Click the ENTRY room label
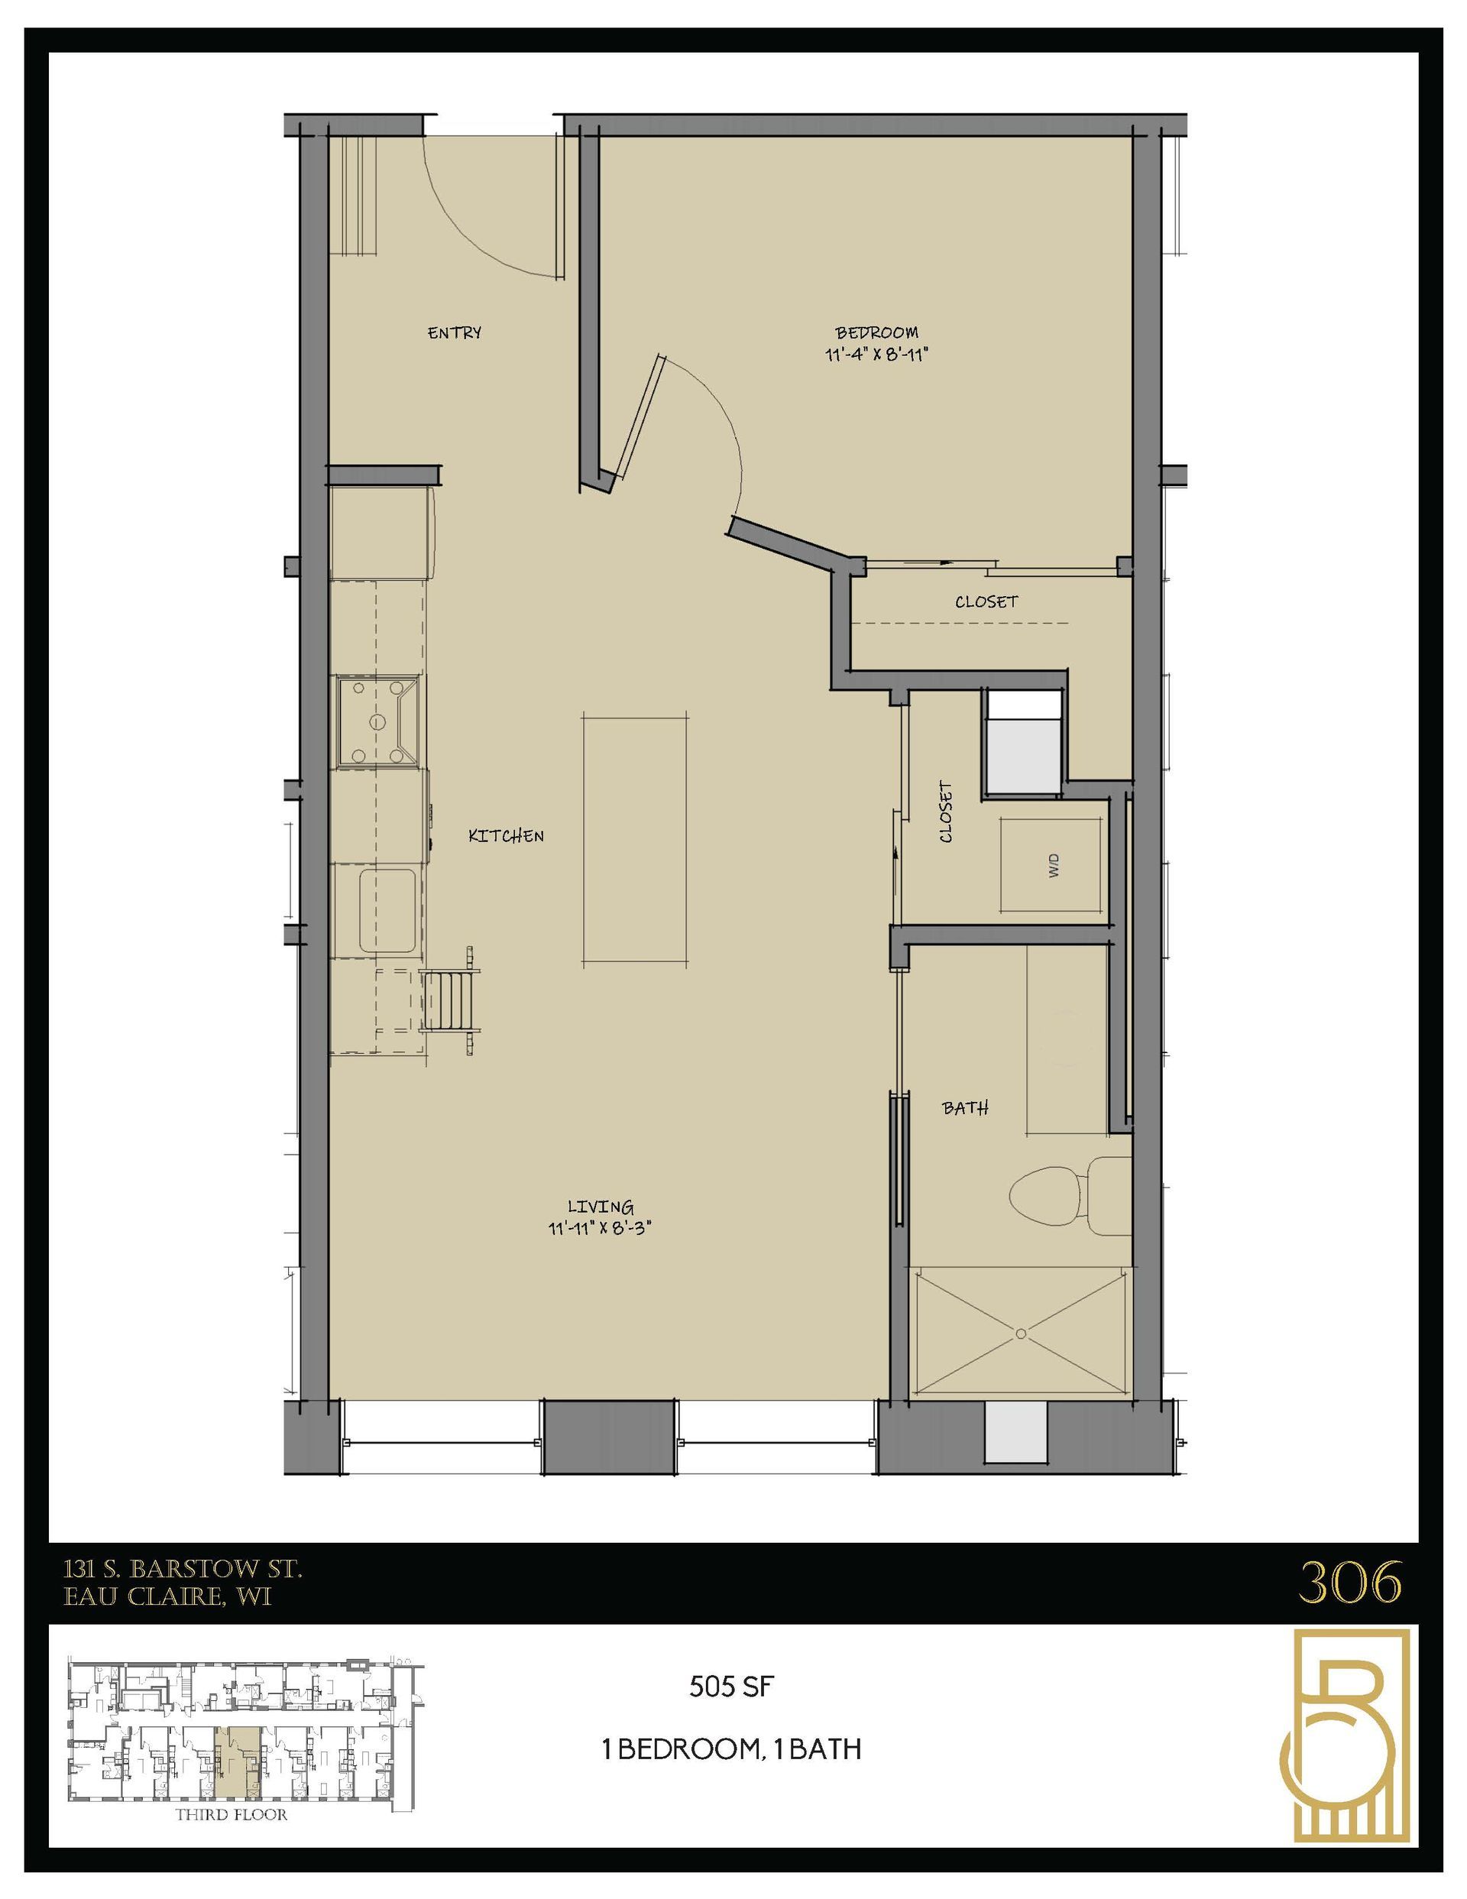point(454,332)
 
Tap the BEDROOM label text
point(876,332)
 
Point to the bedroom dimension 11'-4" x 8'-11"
point(876,355)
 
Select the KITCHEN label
point(506,835)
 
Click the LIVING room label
point(600,1206)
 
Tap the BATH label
point(965,1108)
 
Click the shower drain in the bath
point(1021,1332)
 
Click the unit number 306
point(1349,1583)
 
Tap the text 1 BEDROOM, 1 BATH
point(731,1748)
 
